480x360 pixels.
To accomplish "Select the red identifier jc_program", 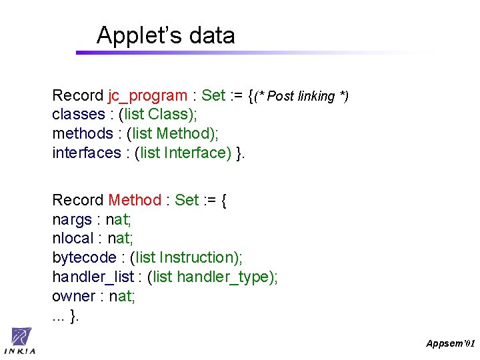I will pyautogui.click(x=147, y=96).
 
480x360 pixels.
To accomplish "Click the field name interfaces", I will pyautogui.click(x=86, y=153).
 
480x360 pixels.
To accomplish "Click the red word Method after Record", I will pyautogui.click(x=135, y=200).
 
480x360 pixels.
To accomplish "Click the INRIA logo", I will pyautogui.click(x=21, y=341).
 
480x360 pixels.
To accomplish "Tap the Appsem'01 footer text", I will pyautogui.click(x=450, y=343).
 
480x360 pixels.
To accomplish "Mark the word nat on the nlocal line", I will pyautogui.click(x=120, y=238).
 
